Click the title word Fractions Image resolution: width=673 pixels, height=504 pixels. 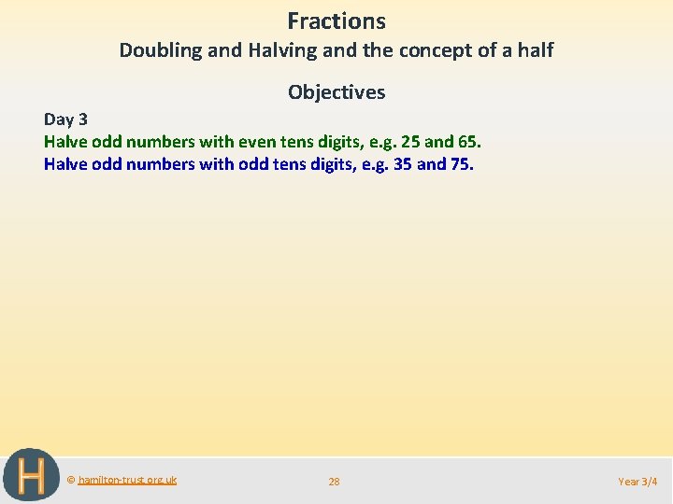[336, 21]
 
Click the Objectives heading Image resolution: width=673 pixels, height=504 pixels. [336, 91]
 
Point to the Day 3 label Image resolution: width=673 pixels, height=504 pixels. [65, 119]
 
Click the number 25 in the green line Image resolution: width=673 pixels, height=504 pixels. [409, 142]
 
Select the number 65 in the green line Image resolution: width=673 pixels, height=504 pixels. [467, 142]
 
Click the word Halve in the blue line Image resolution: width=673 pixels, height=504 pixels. [65, 164]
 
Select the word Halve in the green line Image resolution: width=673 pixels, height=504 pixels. [65, 142]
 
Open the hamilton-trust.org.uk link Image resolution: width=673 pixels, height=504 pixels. [127, 480]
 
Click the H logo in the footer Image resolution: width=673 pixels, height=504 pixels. [31, 476]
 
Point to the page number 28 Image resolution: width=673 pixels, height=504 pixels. [334, 482]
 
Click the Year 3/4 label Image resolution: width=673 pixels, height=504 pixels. [637, 482]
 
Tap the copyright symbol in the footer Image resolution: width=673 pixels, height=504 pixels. [71, 480]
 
